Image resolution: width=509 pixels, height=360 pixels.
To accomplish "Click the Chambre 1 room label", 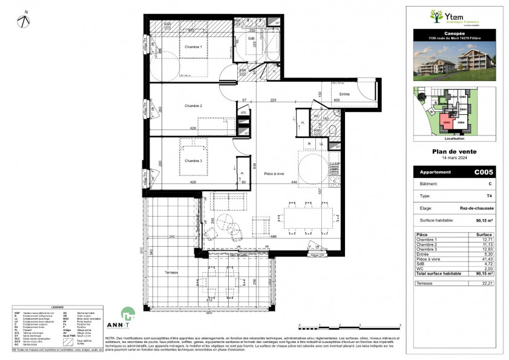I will point(193,46).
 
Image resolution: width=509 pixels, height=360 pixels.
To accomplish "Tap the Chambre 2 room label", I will point(193,106).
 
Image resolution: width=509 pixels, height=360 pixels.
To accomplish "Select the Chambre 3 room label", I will point(193,160).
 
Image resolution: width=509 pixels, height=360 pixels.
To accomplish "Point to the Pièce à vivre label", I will point(274,174).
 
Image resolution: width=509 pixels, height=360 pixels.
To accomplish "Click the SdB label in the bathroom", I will point(251,39).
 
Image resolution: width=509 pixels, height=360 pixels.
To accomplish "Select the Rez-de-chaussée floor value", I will point(480,208).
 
